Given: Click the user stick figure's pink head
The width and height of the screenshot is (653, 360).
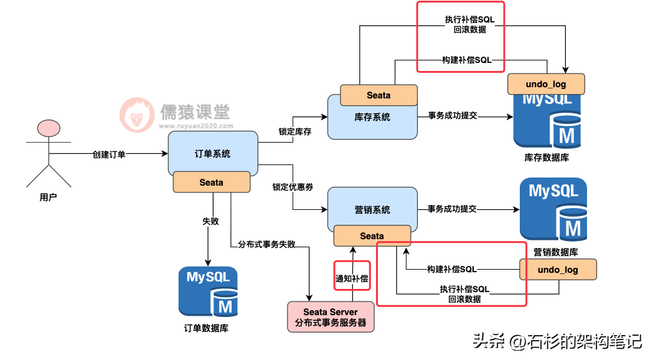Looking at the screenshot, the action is tap(49, 128).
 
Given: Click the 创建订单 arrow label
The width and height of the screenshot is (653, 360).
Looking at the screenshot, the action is tap(109, 154).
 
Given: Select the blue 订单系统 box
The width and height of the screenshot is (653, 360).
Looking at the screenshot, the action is tap(213, 153).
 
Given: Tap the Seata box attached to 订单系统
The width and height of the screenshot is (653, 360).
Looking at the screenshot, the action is tap(212, 182).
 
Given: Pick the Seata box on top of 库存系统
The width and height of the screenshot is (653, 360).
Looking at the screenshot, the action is tap(378, 95).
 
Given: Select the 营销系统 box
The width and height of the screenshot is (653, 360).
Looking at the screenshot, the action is tap(372, 208).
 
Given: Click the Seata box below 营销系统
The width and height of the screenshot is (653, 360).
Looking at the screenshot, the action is tap(372, 236).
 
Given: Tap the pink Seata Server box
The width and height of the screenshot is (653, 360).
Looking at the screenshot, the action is tap(331, 317).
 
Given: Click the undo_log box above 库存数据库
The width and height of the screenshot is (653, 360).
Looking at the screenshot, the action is tap(546, 84).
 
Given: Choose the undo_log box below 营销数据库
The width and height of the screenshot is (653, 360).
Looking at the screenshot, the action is tap(558, 270).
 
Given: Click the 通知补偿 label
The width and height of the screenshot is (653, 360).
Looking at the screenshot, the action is tap(352, 278).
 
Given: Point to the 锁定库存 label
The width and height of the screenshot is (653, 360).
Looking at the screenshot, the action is tap(295, 131).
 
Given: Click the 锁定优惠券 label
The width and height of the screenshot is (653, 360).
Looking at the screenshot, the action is tap(293, 187).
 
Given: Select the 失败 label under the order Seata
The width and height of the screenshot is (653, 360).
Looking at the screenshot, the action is tap(211, 221).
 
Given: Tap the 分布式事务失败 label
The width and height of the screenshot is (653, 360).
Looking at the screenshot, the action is tap(267, 244).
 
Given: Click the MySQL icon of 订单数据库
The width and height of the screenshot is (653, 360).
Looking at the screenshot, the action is tap(209, 291).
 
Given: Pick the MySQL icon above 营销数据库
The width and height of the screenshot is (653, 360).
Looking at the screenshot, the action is tap(553, 209).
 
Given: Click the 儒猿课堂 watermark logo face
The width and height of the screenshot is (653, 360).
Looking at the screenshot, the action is tap(137, 115).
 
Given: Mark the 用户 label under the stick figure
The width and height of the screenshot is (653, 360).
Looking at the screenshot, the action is tap(49, 197).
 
